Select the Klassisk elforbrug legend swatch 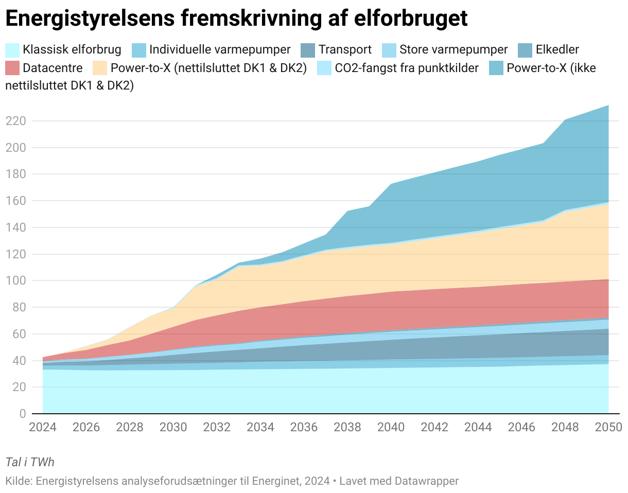pos(12,50)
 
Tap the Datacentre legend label pos(53,68)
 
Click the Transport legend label pos(345,50)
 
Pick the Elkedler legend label pos(557,50)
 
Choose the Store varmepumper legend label pos(453,50)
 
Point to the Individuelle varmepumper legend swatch pos(139,50)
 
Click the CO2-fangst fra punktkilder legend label pos(407,68)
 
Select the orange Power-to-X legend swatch pos(99,68)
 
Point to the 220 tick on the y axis pos(15,121)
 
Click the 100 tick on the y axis pos(15,281)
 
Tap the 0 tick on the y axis pos(22,414)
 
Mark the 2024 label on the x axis pos(42,427)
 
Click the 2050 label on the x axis pos(608,427)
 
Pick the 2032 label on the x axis pos(217,427)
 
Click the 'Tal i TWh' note pos(29,462)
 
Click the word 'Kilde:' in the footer pos(19,481)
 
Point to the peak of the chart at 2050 pos(608,105)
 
